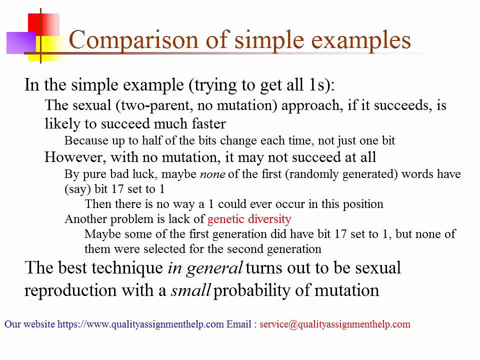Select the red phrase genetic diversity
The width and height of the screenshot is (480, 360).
pos(249,219)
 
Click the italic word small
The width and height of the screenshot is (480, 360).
pos(190,290)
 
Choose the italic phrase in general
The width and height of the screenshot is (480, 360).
pos(204,268)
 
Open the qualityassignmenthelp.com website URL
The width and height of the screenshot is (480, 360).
pos(140,324)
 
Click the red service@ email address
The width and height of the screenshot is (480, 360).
pos(334,324)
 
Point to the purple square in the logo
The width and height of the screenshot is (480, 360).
pos(20,42)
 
